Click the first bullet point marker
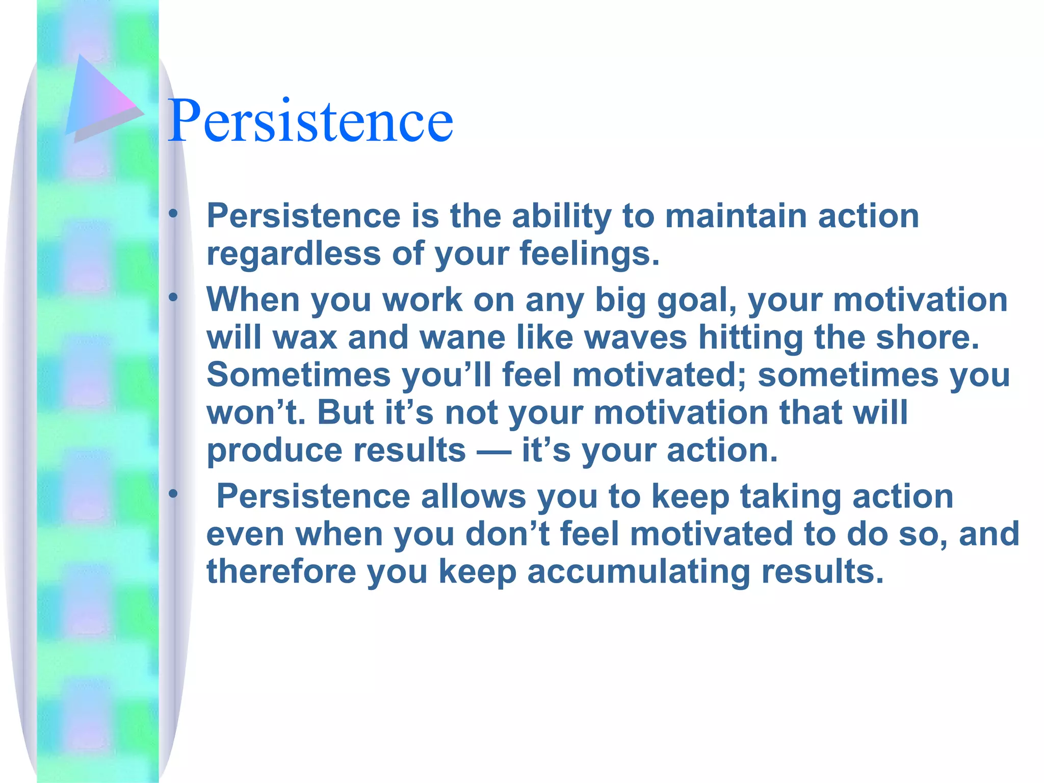pyautogui.click(x=174, y=214)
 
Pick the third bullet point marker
pyautogui.click(x=174, y=493)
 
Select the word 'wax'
pyautogui.click(x=305, y=337)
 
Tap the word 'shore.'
pyautogui.click(x=928, y=337)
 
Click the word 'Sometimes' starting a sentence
pyautogui.click(x=298, y=375)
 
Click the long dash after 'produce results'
pyautogui.click(x=493, y=451)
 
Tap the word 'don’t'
pyautogui.click(x=507, y=534)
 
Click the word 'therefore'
pyautogui.click(x=281, y=571)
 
